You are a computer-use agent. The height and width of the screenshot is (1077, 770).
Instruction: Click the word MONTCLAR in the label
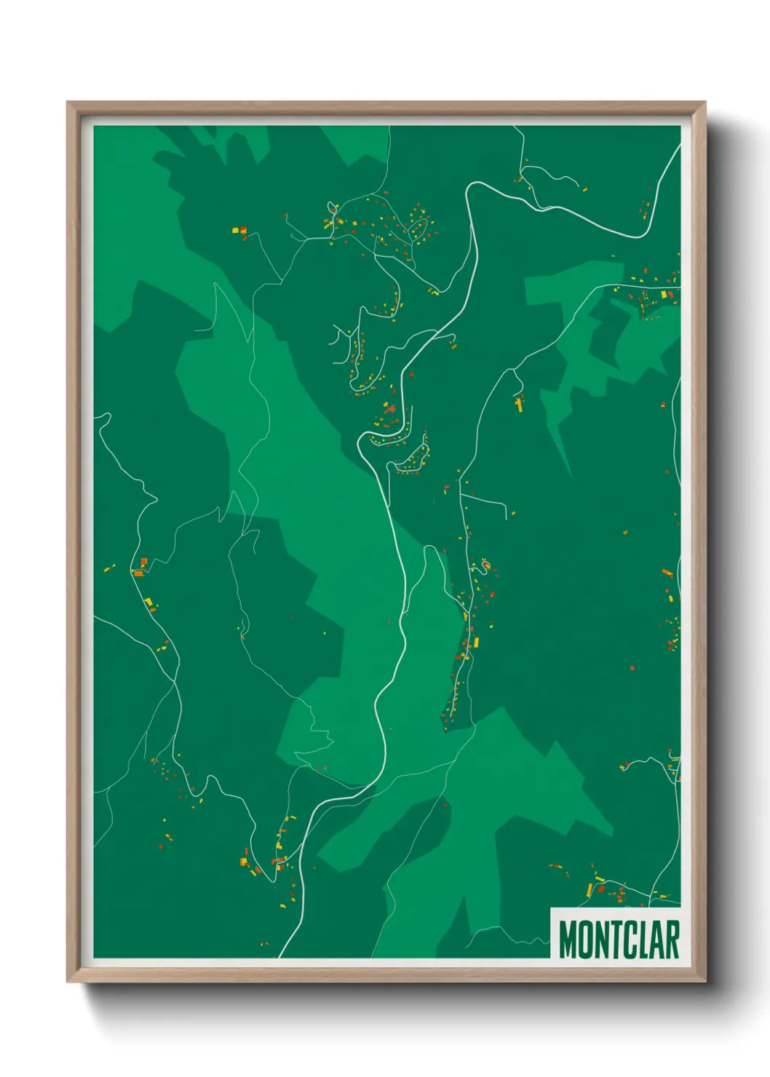tap(619, 939)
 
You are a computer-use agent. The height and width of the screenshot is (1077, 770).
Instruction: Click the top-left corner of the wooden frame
tap(68, 103)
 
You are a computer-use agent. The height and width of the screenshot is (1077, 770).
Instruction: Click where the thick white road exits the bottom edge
tap(280, 956)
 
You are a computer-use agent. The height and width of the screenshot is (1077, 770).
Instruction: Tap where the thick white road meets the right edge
tap(679, 146)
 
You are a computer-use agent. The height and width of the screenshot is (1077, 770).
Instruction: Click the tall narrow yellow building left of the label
tap(590, 889)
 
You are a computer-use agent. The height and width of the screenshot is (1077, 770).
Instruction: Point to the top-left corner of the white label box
tap(551, 908)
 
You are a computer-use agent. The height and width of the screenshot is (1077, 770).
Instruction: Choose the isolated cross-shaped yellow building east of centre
tap(519, 403)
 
